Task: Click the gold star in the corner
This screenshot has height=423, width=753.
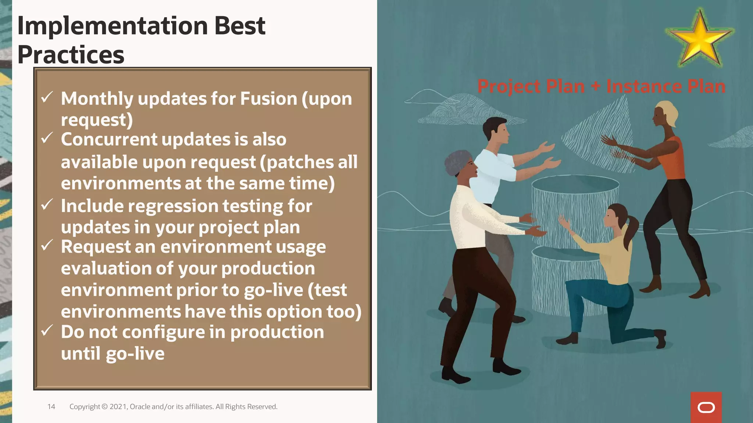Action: tap(700, 40)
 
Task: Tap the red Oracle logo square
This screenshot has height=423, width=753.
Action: tap(706, 407)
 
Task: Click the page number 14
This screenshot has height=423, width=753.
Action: tap(51, 406)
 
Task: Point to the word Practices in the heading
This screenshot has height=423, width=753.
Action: tap(71, 55)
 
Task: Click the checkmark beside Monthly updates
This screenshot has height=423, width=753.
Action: tap(47, 97)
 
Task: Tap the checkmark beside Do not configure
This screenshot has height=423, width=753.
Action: tap(47, 330)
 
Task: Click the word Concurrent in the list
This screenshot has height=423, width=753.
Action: tap(109, 140)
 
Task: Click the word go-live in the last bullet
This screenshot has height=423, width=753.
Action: tap(135, 354)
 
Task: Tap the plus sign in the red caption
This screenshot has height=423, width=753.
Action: tap(595, 87)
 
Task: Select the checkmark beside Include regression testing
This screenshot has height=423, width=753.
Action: tap(47, 205)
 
